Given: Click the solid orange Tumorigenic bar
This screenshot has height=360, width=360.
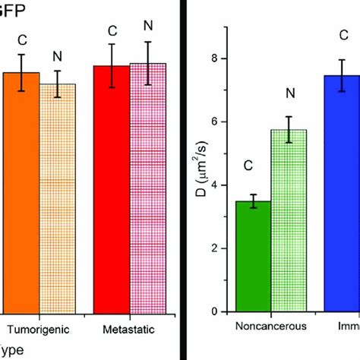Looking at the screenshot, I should click(x=21, y=194).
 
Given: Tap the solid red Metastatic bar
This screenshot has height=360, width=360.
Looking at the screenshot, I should click(x=111, y=190).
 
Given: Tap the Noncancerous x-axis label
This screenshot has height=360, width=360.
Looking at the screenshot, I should click(x=271, y=327).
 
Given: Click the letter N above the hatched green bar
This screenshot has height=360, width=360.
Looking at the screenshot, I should click(x=289, y=93).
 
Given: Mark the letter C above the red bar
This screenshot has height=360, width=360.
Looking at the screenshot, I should click(x=112, y=31).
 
